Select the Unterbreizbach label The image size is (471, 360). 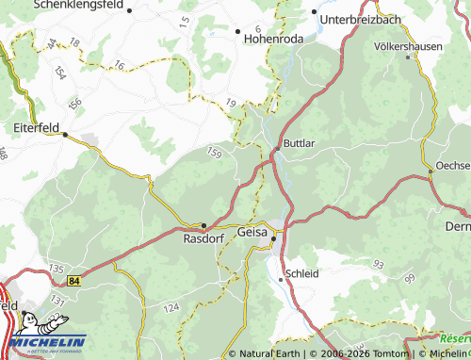367,19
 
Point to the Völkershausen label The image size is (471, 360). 408,44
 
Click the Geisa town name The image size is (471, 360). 252,232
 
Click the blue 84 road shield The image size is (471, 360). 74,280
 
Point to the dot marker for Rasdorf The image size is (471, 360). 203,225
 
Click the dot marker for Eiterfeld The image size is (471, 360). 65,135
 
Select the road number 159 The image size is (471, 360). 216,153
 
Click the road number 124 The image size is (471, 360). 171,308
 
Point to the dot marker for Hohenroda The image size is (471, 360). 237,31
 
